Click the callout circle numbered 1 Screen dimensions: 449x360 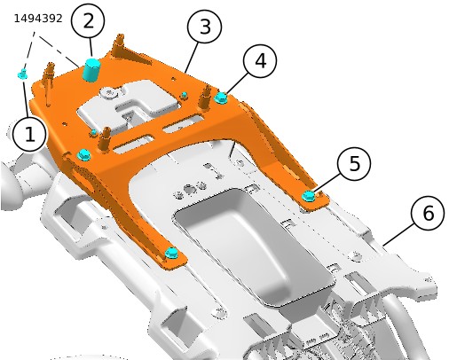pyautogui.click(x=29, y=135)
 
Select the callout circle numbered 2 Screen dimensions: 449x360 pyautogui.click(x=88, y=21)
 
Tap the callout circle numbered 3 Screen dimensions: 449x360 pyautogui.click(x=204, y=27)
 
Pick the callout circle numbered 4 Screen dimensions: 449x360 pyautogui.click(x=260, y=61)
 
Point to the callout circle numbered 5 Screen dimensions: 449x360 pyautogui.click(x=354, y=163)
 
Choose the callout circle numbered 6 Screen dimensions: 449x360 pyautogui.click(x=428, y=213)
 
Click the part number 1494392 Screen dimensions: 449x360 pyautogui.click(x=38, y=19)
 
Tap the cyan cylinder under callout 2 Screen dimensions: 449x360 pyautogui.click(x=91, y=69)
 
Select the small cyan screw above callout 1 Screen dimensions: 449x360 pyautogui.click(x=22, y=74)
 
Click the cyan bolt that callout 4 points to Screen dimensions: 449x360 pyautogui.click(x=221, y=98)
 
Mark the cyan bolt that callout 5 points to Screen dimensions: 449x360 pyautogui.click(x=309, y=196)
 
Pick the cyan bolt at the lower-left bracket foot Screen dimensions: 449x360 pyautogui.click(x=171, y=253)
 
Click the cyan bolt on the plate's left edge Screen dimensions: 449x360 pyautogui.click(x=83, y=155)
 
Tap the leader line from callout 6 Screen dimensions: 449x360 pyautogui.click(x=398, y=235)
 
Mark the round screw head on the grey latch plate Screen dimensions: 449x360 pyautogui.click(x=110, y=93)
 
